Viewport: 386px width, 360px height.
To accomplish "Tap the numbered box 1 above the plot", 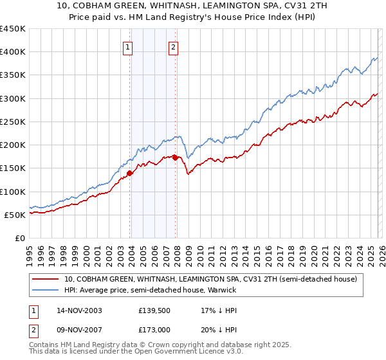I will coord(127,46).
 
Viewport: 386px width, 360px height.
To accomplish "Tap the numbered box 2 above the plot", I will coord(174,46).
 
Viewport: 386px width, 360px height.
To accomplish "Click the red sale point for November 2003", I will coord(130,173).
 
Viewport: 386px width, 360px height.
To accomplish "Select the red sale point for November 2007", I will coord(176,157).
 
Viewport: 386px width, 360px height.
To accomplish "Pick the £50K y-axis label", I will coord(15,215).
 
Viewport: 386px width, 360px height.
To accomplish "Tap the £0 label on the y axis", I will coord(21,238).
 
